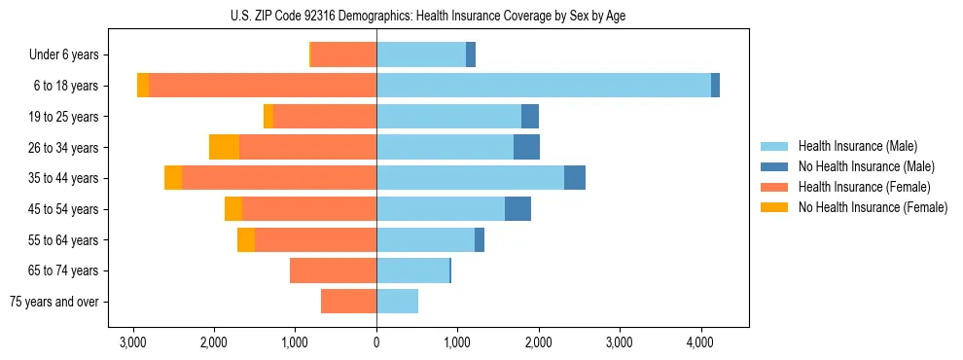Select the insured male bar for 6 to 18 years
(543, 86)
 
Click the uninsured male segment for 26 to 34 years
(526, 147)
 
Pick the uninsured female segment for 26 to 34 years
(224, 147)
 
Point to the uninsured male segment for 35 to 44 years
(575, 178)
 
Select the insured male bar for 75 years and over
(397, 302)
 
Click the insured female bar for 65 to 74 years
(333, 270)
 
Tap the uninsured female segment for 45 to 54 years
(233, 209)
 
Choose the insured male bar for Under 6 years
(421, 54)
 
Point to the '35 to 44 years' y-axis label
(64, 178)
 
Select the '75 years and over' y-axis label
(53, 302)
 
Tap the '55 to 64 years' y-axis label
(64, 240)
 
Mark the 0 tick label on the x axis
(376, 342)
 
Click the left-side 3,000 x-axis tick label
(132, 342)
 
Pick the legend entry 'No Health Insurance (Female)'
(873, 207)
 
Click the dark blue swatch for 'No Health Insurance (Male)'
(774, 166)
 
